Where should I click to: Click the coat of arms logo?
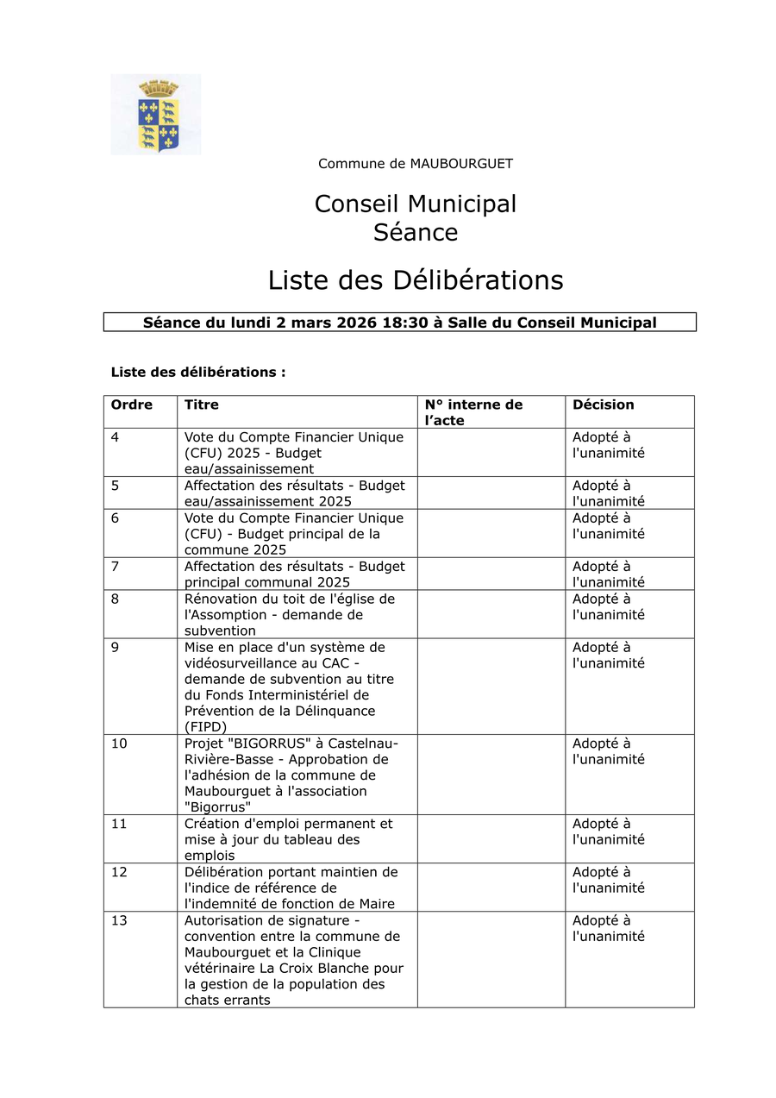coord(156,115)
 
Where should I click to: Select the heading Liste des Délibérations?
coord(415,280)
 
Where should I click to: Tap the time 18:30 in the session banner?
coord(404,323)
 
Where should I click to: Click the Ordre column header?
coord(132,405)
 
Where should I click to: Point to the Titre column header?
coord(202,405)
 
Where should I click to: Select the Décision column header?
coord(603,405)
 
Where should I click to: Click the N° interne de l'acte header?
coord(473,412)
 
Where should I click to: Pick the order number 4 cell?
coord(116,437)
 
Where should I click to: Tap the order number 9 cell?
coord(116,648)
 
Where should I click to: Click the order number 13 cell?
coord(119,920)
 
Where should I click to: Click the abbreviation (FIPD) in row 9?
coord(205,727)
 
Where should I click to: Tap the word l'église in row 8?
coord(354,599)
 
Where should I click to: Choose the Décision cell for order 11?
coord(608,831)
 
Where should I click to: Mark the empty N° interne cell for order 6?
coord(491,533)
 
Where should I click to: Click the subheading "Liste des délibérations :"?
coord(198,372)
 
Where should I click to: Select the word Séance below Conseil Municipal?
coord(416,232)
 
